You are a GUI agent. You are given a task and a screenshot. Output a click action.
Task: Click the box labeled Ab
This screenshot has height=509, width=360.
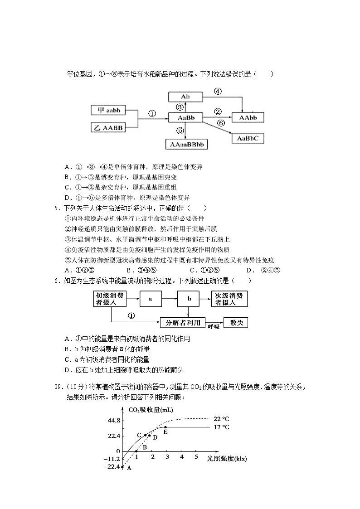click(185, 97)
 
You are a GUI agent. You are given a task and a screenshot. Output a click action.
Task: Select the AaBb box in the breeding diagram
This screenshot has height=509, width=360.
click(185, 118)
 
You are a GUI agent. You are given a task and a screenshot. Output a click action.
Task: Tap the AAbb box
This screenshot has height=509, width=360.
click(248, 118)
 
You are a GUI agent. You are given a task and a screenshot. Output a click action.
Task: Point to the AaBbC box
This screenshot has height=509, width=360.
click(248, 138)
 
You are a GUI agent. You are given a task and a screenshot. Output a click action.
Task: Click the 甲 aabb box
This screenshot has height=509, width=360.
click(108, 111)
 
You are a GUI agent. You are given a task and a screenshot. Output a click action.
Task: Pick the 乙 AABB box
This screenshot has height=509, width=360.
click(108, 128)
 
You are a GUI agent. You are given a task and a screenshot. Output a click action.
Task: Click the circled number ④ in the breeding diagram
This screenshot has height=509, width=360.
click(218, 91)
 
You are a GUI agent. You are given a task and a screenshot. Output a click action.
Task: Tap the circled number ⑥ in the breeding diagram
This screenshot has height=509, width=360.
click(221, 123)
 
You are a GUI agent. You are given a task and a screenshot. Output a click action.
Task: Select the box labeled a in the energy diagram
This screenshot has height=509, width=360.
click(150, 299)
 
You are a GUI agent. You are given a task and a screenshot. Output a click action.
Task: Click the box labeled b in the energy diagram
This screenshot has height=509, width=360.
click(190, 299)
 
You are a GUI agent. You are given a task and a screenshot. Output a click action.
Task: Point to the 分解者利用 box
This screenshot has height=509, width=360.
click(180, 322)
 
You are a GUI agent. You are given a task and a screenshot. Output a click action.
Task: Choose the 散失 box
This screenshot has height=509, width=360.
click(236, 322)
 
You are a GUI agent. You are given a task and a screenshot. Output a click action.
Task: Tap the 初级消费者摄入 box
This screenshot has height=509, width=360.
click(109, 299)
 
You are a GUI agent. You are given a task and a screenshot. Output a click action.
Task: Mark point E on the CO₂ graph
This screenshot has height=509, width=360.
click(165, 427)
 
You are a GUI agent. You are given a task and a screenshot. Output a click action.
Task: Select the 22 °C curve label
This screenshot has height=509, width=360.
click(222, 418)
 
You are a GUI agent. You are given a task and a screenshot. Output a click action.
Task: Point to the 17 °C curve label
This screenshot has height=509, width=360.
click(222, 427)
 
